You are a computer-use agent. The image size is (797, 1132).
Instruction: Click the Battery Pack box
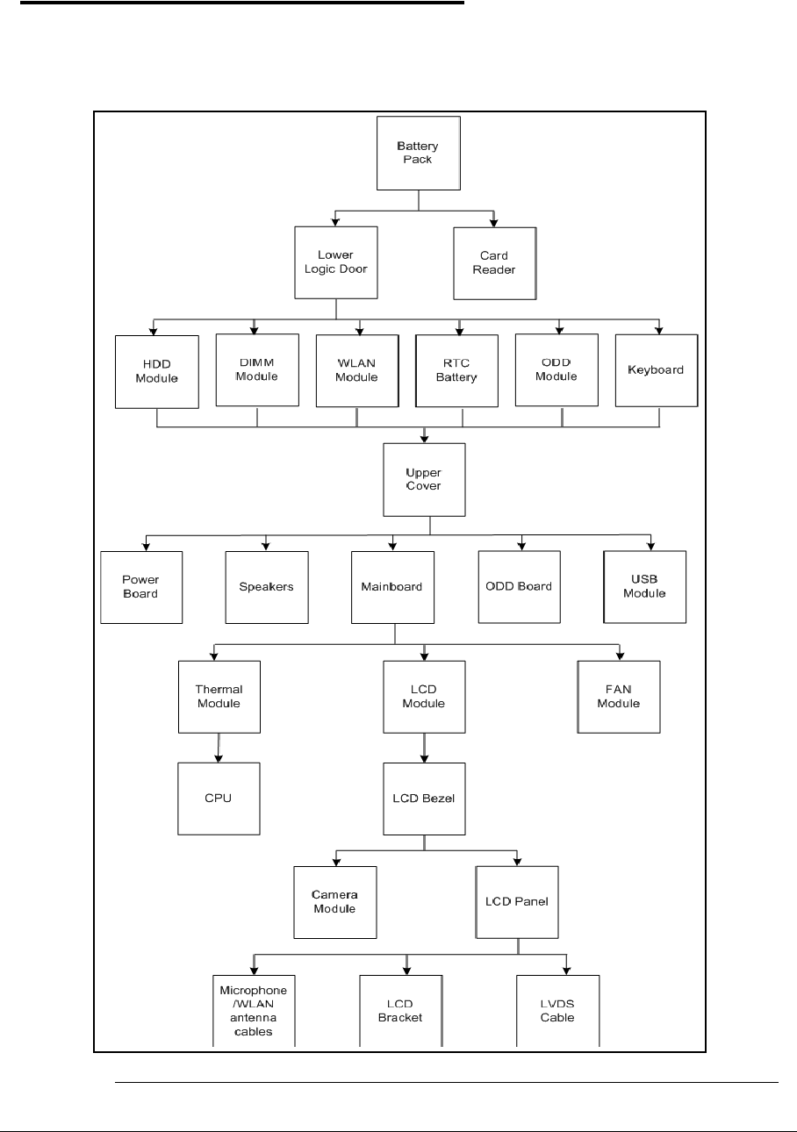[418, 153]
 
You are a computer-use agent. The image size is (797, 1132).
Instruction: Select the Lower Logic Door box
[335, 262]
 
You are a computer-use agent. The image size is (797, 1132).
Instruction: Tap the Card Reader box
[494, 262]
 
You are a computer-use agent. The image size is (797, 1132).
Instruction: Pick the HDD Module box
[156, 371]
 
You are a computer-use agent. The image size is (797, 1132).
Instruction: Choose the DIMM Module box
[256, 369]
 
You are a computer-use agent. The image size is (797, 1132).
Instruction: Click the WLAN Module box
[356, 370]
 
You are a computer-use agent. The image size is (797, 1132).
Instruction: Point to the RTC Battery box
[456, 371]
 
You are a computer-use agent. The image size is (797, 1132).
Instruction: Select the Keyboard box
[656, 369]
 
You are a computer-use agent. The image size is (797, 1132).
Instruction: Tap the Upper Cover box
[424, 479]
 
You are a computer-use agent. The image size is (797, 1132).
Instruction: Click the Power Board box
[141, 587]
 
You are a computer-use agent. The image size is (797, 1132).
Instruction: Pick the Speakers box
[267, 587]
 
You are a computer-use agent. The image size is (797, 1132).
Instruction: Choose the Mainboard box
[392, 587]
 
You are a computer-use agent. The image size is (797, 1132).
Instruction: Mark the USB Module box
[644, 586]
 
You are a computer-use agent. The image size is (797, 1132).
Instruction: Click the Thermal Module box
[219, 697]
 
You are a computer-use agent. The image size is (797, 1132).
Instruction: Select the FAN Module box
[619, 697]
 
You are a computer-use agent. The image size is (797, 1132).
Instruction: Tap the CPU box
[219, 799]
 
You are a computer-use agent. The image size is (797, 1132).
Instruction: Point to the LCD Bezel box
[425, 799]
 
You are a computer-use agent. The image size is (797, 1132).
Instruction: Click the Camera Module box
[334, 902]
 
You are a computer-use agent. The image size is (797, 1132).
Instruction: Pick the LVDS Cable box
[557, 1011]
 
